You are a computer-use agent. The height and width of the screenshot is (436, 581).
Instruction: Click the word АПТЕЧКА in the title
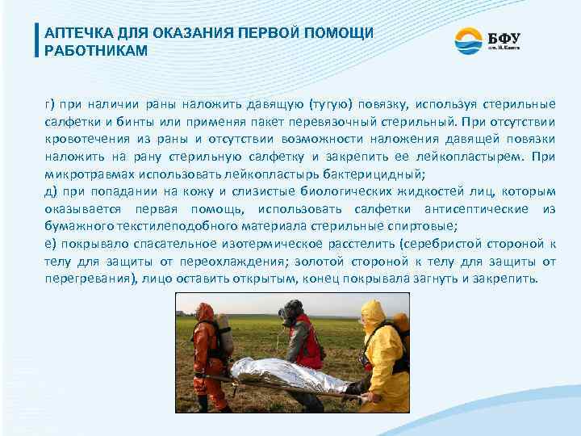77,33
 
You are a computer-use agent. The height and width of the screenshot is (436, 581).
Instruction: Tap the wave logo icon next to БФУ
466,40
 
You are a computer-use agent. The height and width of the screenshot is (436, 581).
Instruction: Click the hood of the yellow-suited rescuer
372,310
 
